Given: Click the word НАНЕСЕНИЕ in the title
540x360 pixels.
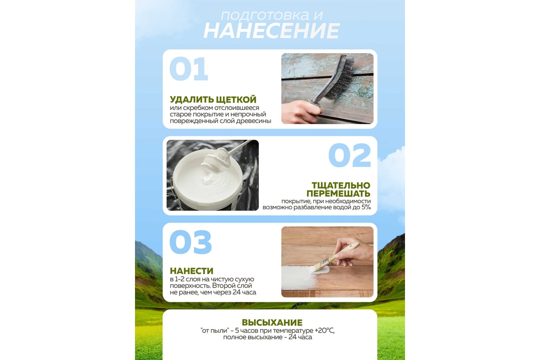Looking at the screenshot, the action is click(x=272, y=31).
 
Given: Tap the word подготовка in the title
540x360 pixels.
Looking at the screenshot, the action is click(x=265, y=15).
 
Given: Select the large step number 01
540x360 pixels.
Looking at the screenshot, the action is click(x=189, y=69).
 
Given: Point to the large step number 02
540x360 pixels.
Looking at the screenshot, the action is click(x=350, y=155).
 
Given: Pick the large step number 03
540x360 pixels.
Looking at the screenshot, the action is click(x=190, y=242).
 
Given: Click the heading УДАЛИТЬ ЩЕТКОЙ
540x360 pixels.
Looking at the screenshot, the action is click(x=213, y=99).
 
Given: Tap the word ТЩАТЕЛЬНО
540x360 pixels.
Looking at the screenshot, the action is click(x=341, y=185).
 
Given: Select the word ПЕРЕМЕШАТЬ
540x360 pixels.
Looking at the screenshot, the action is click(x=338, y=193).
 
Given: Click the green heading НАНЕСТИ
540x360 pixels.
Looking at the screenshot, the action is click(x=191, y=271).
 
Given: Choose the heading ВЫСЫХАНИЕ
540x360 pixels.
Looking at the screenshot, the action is click(x=272, y=322).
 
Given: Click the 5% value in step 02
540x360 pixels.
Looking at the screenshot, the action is click(x=366, y=207).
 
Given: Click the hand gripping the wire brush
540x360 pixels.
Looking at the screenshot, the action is click(x=301, y=112).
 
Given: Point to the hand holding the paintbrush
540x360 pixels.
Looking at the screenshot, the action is click(x=353, y=251).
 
